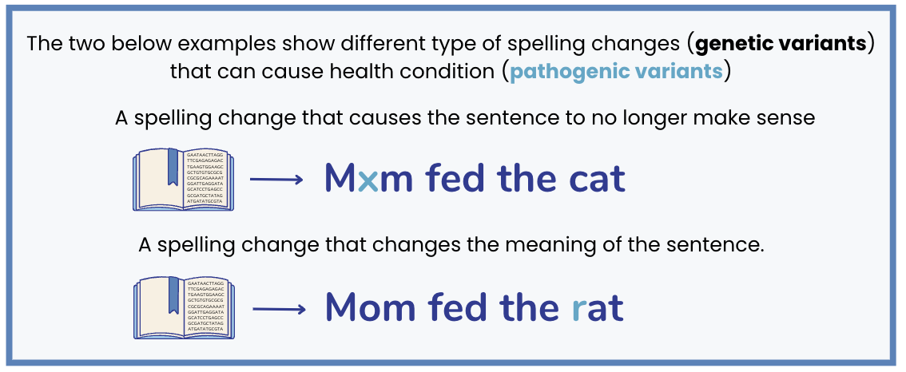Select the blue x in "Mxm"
tap(368, 180)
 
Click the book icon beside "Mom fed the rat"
tap(183, 308)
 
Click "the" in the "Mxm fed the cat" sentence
tap(527, 179)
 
